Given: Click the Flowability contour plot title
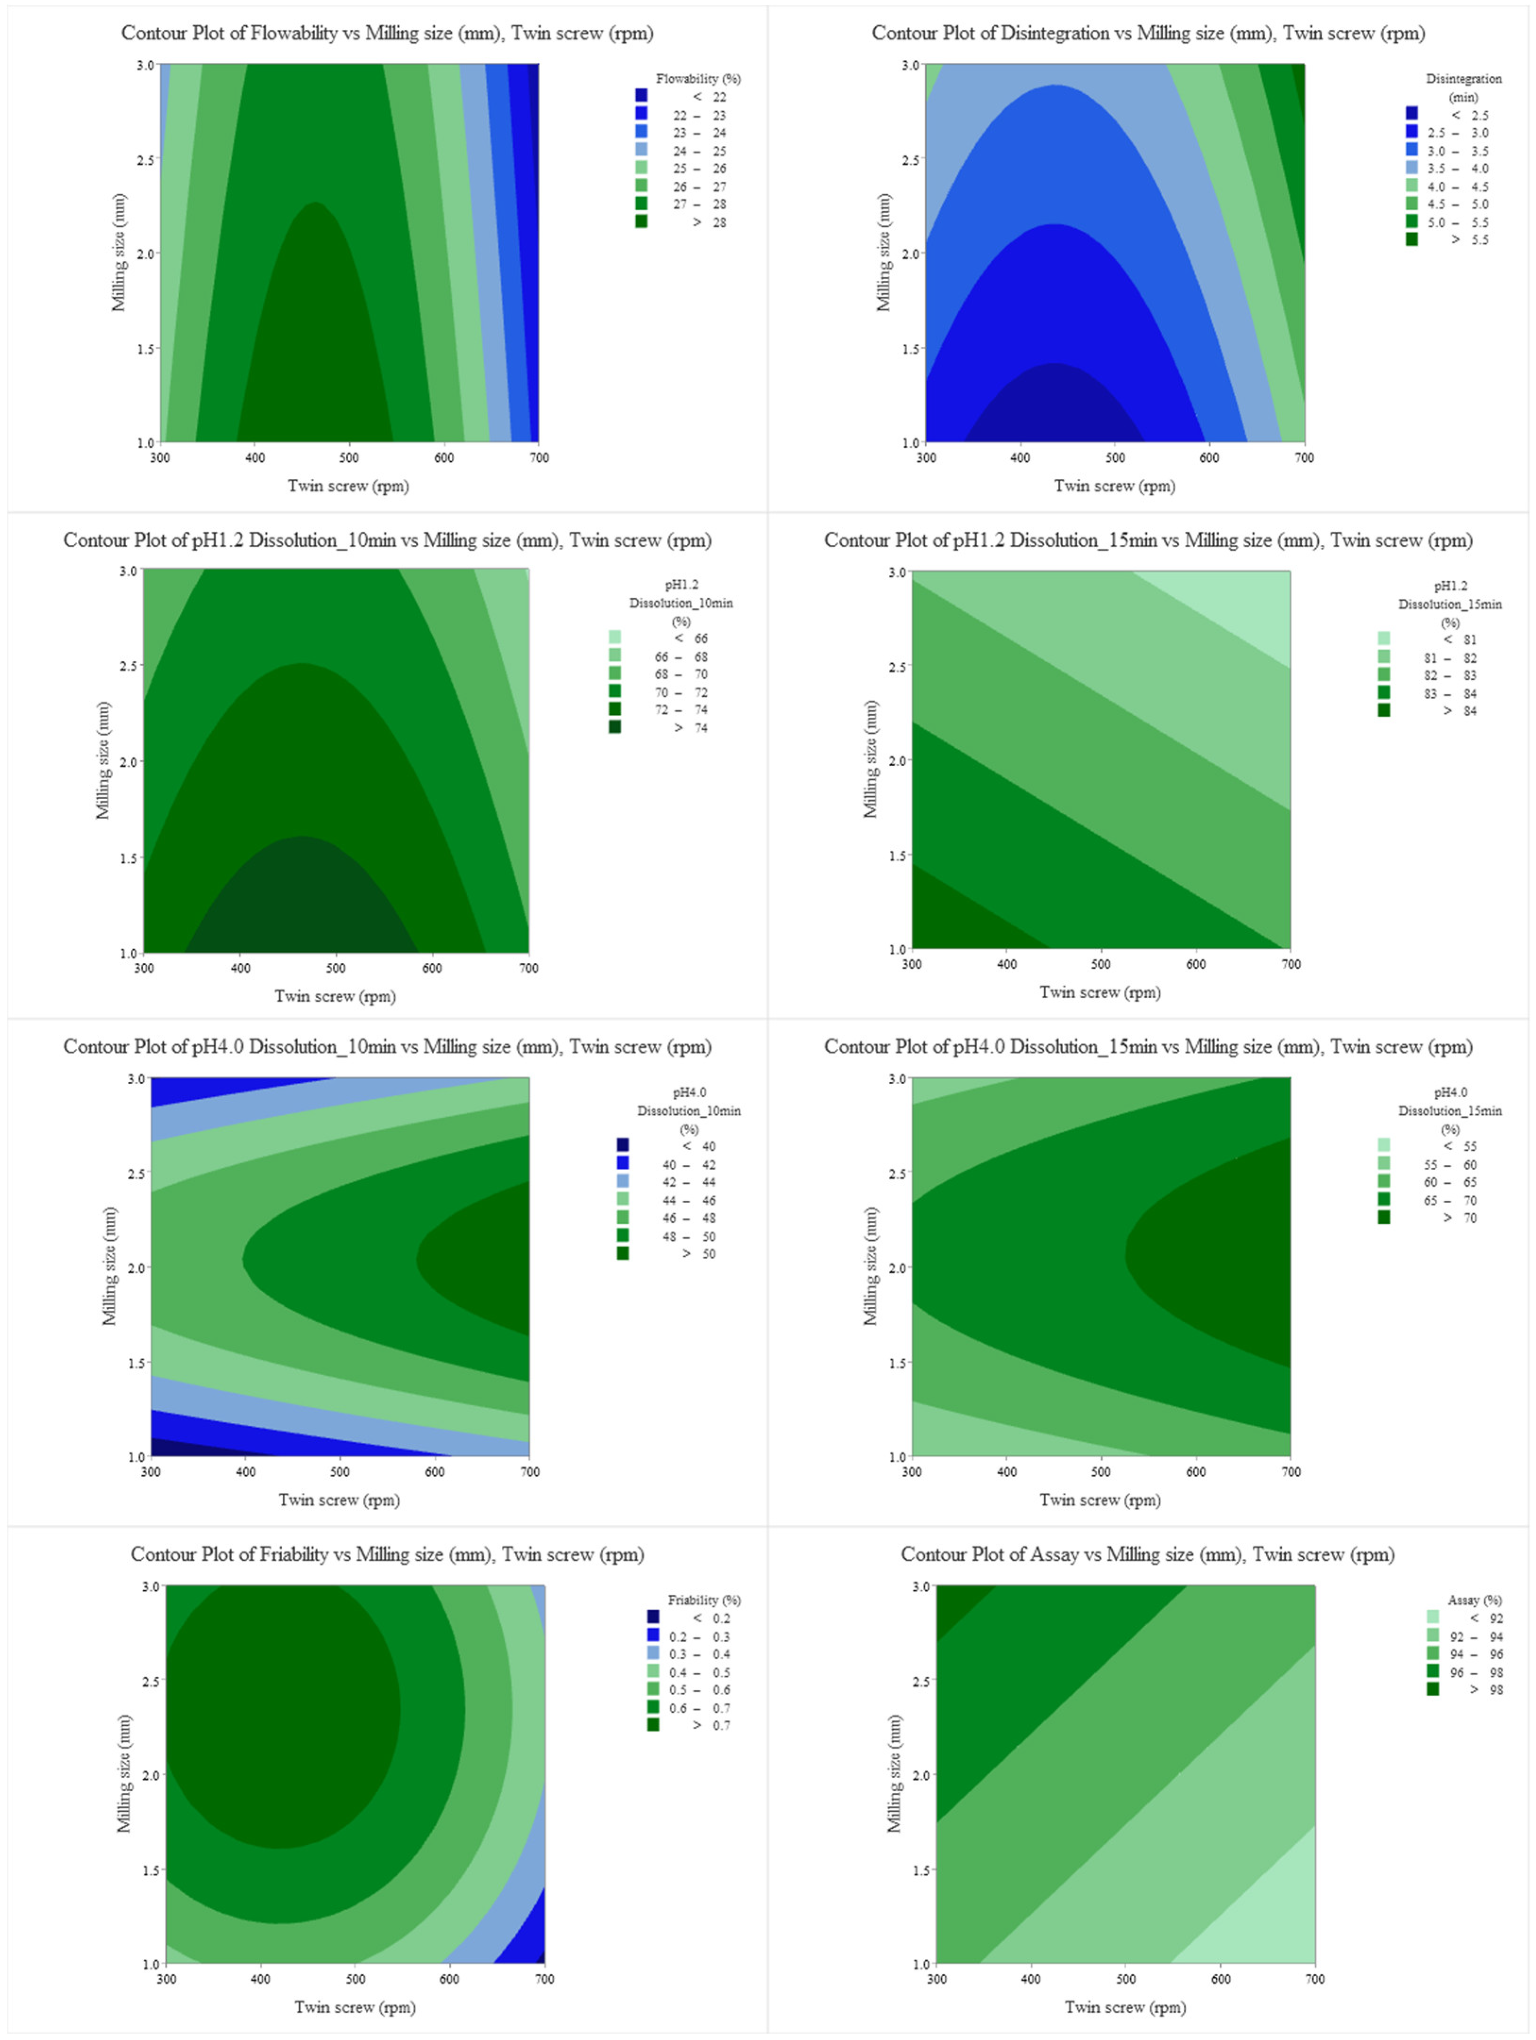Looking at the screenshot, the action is coord(388,33).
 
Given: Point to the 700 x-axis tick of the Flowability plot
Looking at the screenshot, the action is coord(539,458).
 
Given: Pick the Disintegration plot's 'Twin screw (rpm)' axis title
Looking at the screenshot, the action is coord(1114,486).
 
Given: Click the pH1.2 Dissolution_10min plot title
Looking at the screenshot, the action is coord(388,541).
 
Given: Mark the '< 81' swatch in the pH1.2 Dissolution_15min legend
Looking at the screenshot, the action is coord(1384,638).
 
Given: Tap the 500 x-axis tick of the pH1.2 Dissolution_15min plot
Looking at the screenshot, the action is coord(1101,964).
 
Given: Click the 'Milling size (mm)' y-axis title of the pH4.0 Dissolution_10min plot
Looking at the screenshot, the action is coord(110,1266).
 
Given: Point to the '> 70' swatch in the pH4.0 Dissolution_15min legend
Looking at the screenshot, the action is coord(1384,1217).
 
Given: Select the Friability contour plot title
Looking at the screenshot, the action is coord(388,1554).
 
